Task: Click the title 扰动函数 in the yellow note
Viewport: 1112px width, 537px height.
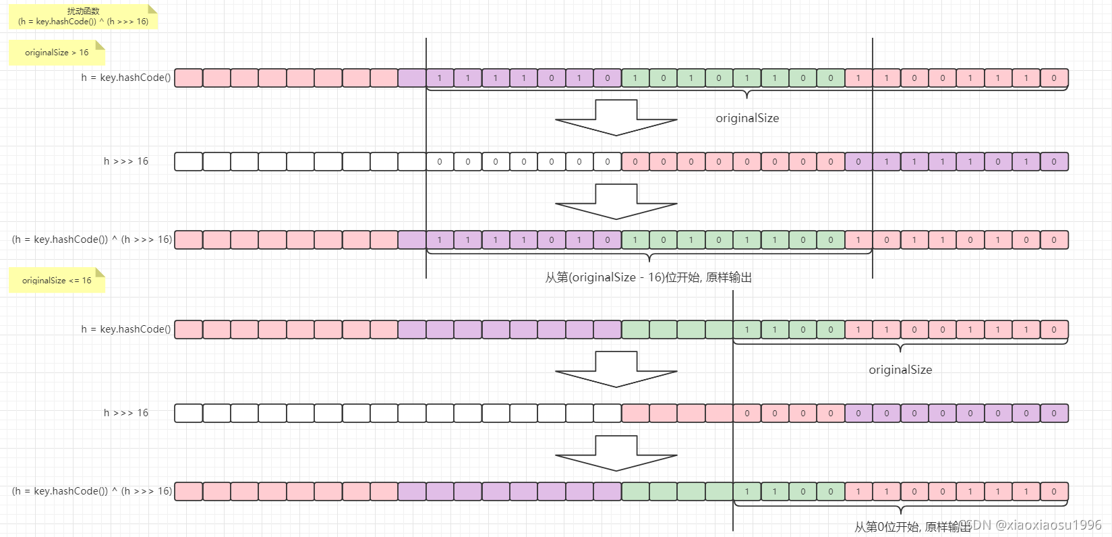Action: click(x=84, y=11)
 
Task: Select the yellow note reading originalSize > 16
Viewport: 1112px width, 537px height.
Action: click(x=57, y=53)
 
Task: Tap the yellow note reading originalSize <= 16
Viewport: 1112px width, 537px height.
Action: click(x=57, y=281)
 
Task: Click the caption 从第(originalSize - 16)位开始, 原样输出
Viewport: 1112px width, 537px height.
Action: click(x=648, y=277)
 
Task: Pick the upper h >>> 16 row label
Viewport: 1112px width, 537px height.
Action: click(x=126, y=161)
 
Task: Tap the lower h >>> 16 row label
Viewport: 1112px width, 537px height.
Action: click(x=126, y=413)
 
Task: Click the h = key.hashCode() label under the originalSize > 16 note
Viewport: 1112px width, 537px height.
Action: click(x=126, y=78)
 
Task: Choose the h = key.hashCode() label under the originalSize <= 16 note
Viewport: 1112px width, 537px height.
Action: click(x=126, y=329)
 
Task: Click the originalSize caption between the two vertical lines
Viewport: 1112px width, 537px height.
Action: click(x=747, y=118)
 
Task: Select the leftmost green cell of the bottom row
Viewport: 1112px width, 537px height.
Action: click(x=635, y=492)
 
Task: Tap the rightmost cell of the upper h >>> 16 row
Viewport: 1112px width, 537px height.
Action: click(x=1054, y=162)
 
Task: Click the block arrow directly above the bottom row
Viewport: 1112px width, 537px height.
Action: click(x=616, y=454)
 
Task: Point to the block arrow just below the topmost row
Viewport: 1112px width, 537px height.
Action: click(x=616, y=117)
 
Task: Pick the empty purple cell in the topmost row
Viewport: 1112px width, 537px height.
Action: click(x=411, y=78)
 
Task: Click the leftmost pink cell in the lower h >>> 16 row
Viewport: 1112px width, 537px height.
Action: click(x=635, y=413)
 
